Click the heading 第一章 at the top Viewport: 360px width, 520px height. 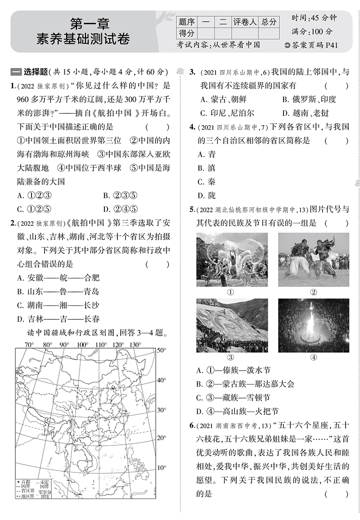[x=90, y=22]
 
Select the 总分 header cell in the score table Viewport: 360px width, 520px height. [x=268, y=22]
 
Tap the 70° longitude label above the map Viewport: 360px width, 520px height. [x=29, y=345]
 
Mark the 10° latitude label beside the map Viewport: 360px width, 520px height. [x=161, y=468]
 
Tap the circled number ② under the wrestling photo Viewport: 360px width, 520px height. [x=313, y=292]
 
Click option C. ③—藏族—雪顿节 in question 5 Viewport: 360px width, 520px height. [x=234, y=398]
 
